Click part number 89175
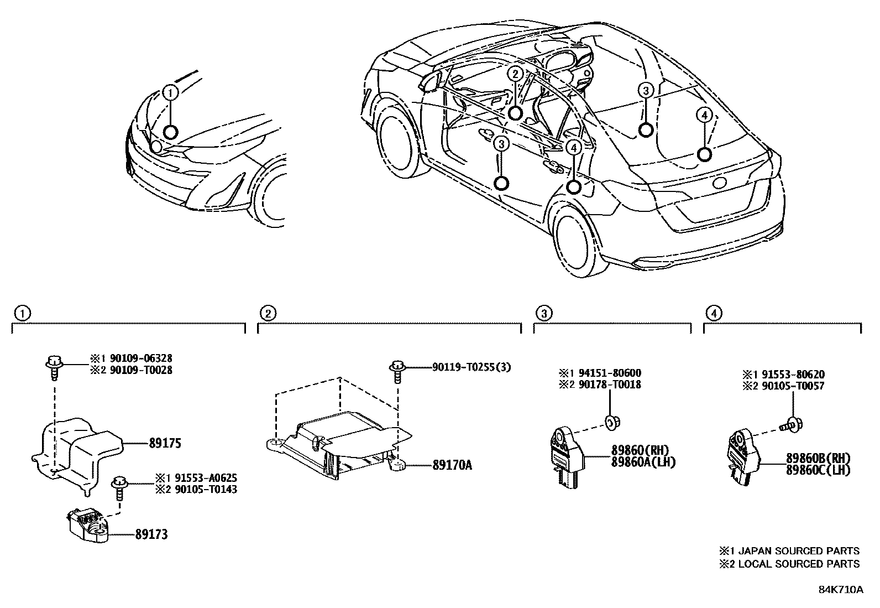pyautogui.click(x=165, y=444)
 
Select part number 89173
pyautogui.click(x=151, y=534)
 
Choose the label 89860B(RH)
pyautogui.click(x=818, y=458)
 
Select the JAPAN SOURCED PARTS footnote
pyautogui.click(x=789, y=551)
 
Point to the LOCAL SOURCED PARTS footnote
pyautogui.click(x=789, y=564)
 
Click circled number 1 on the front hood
pyautogui.click(x=171, y=92)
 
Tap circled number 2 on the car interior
pyautogui.click(x=515, y=74)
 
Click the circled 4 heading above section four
pyautogui.click(x=714, y=314)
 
